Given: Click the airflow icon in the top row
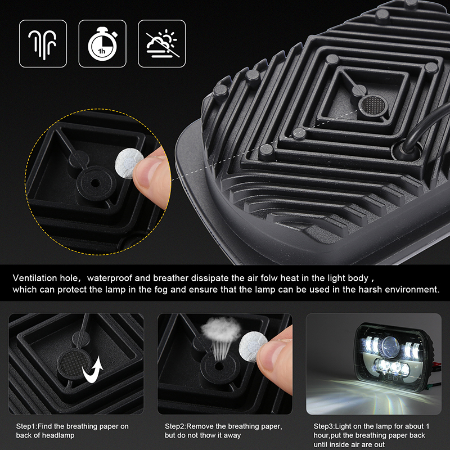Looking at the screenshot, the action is click(43, 44).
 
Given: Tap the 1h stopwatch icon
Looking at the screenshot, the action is click(102, 44).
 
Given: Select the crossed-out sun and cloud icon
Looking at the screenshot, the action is click(162, 44).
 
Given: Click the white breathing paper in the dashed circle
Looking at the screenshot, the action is click(129, 163).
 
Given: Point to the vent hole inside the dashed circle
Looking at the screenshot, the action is click(96, 183).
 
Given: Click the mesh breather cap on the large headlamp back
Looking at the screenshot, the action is click(373, 105).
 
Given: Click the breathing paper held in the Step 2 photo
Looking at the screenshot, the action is click(253, 346).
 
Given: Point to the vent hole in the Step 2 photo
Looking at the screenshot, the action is click(219, 366).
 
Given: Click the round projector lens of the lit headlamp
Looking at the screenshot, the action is click(390, 346).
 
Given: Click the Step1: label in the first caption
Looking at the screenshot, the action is click(26, 426).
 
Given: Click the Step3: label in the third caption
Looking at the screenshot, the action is click(325, 426).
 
